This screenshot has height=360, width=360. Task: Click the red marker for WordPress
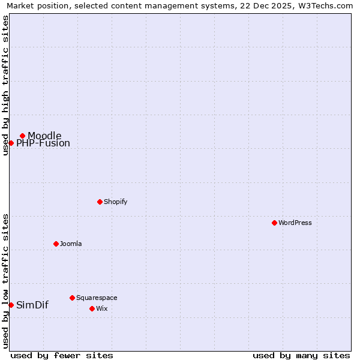(274, 223)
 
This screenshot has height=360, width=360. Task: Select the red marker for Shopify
(100, 202)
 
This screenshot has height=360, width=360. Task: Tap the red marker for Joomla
(56, 244)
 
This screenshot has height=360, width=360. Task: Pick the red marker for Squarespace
(72, 298)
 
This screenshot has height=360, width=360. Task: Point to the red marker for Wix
(92, 308)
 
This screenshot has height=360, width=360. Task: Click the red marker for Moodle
(22, 136)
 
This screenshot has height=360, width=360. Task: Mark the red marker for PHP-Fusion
(11, 143)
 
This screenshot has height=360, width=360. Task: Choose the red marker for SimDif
(11, 305)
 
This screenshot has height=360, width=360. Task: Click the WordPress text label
(295, 223)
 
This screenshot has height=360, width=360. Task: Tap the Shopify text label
(116, 202)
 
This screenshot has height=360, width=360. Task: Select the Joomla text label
(71, 244)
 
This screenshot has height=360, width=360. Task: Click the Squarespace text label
(97, 298)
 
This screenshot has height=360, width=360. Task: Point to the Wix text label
(101, 308)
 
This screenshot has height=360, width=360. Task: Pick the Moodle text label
(44, 136)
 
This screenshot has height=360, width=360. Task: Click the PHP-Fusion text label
(43, 143)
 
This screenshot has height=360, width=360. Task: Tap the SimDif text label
(32, 305)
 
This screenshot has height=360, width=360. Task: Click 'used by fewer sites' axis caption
(62, 355)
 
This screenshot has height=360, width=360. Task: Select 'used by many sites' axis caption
(301, 355)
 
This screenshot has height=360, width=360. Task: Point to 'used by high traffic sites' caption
(6, 85)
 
